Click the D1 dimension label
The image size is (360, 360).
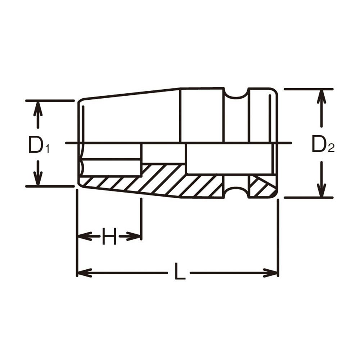click(x=39, y=145)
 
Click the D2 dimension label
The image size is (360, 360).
click(x=323, y=144)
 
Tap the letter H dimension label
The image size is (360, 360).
click(x=109, y=236)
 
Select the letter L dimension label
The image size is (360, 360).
click(x=180, y=271)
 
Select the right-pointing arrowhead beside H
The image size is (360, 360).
click(x=133, y=236)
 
